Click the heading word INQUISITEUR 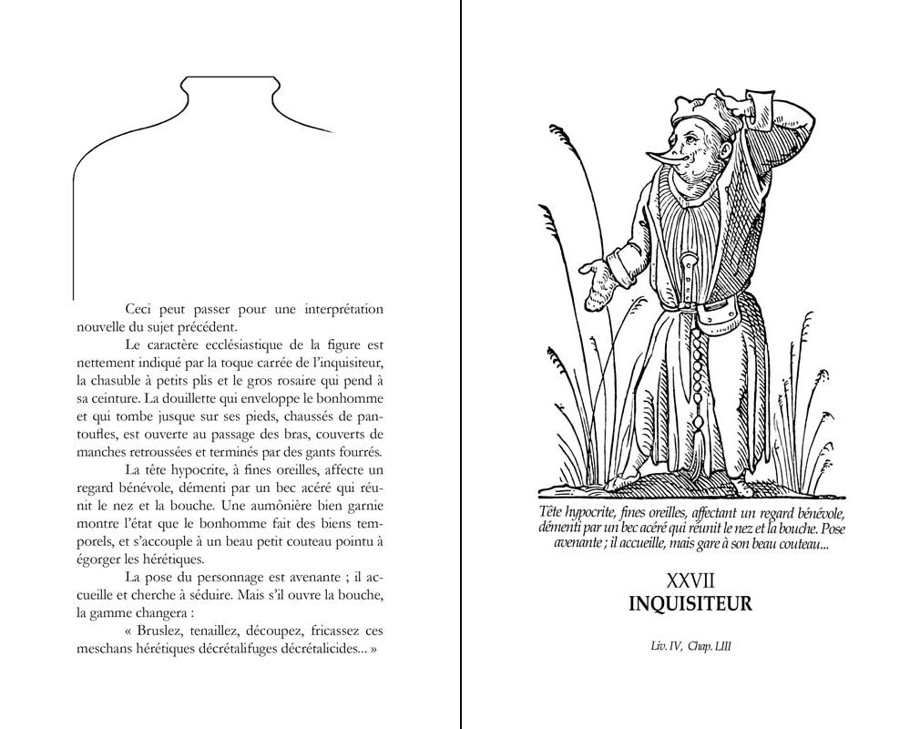tap(690, 603)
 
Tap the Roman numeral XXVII tap(690, 580)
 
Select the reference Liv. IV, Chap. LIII tap(690, 647)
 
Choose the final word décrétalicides tap(306, 649)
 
